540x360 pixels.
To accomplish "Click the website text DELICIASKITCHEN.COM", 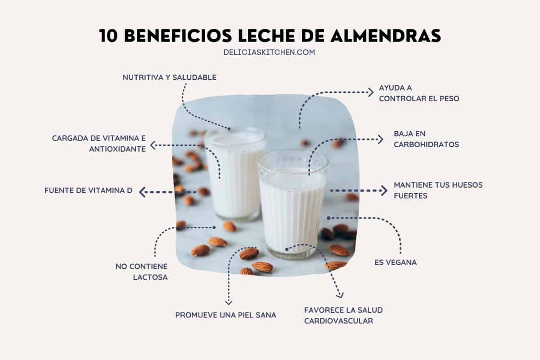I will (269, 52).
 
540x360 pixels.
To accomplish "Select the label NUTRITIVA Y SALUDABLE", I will (170, 77).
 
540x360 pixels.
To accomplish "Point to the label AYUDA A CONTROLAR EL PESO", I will (418, 93).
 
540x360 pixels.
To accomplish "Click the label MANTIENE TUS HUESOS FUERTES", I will (438, 190).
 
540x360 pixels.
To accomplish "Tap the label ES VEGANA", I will (396, 262).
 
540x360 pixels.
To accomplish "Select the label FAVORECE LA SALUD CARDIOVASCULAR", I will (343, 315).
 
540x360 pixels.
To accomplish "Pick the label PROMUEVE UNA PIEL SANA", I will (226, 315).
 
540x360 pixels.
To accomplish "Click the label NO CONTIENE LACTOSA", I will (142, 272).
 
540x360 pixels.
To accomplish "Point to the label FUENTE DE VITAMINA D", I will (89, 190).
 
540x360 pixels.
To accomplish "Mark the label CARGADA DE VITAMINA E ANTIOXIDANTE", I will (99, 143).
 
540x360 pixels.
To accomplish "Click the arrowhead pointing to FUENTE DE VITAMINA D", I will (143, 192).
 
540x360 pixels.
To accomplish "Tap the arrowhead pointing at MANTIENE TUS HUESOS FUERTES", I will (383, 190).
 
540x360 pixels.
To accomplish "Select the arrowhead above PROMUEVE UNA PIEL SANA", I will (228, 301).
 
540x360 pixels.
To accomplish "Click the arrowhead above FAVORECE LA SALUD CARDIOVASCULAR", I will (341, 295).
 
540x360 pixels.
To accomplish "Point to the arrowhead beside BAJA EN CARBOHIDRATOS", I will (380, 139).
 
